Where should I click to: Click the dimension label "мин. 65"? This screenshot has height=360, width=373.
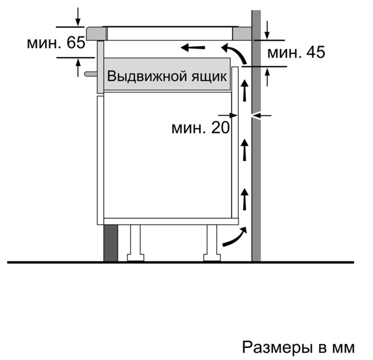click(56, 43)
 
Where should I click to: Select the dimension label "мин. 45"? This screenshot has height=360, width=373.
click(296, 52)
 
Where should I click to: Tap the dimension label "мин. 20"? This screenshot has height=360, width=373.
click(200, 128)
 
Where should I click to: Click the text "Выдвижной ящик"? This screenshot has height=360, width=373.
click(167, 76)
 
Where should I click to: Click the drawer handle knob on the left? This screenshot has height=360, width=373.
click(90, 74)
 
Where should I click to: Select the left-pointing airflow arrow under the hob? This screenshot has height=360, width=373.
click(192, 48)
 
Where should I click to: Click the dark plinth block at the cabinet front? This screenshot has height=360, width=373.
click(111, 243)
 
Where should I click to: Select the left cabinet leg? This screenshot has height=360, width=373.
click(135, 243)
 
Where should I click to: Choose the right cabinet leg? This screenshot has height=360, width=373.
click(212, 243)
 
